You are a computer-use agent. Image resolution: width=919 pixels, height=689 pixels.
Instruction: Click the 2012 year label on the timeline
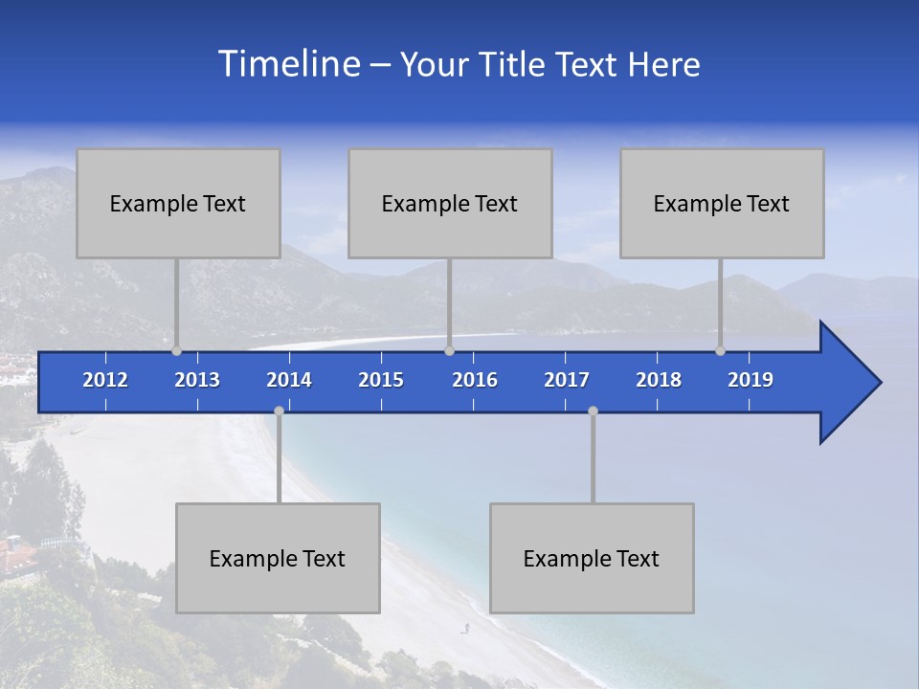(105, 380)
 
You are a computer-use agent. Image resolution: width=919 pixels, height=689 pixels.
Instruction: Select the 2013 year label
(197, 380)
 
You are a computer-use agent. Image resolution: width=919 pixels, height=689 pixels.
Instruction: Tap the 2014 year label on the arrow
(289, 380)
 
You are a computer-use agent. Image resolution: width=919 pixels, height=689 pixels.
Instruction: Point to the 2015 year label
(381, 380)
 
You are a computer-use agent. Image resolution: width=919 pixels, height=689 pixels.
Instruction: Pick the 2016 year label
(475, 380)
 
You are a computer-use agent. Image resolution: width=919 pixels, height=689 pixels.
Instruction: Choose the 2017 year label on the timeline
(567, 380)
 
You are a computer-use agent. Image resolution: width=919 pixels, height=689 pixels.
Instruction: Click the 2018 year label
(659, 380)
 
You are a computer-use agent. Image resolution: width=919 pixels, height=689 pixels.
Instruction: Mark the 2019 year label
(751, 380)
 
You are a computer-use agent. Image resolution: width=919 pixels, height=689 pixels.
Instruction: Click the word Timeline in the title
(287, 64)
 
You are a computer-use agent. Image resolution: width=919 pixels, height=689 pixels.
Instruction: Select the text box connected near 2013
(178, 203)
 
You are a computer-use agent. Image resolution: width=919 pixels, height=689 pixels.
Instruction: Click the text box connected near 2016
(450, 203)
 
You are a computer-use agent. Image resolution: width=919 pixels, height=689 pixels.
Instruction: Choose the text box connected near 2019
(722, 203)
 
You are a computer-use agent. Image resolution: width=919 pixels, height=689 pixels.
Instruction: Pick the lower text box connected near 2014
(278, 558)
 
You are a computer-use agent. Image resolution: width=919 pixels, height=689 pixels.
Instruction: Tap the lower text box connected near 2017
(592, 558)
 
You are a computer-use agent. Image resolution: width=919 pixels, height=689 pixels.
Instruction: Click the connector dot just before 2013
(177, 351)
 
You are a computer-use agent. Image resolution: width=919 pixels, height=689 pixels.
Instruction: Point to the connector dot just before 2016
(450, 351)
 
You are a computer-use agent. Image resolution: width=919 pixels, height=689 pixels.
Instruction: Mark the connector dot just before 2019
(721, 351)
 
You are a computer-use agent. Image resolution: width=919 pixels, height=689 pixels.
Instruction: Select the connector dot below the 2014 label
(279, 411)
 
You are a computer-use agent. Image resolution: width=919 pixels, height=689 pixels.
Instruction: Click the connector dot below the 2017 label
(593, 411)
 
